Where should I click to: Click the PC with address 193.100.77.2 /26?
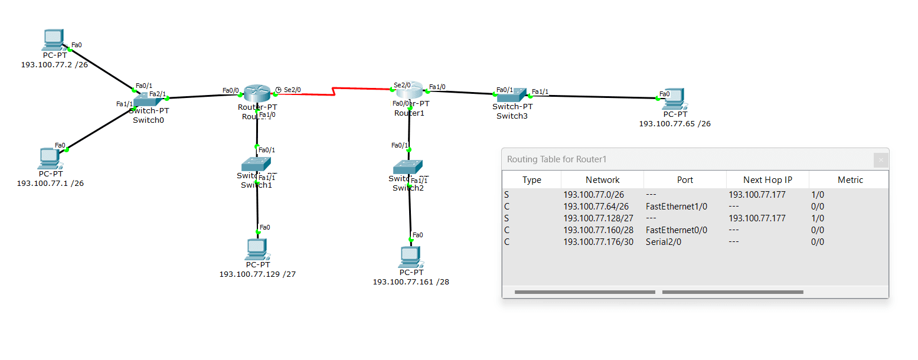point(54,40)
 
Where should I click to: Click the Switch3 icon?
point(511,94)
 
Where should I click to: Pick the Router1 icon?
point(410,90)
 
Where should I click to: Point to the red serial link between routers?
point(334,90)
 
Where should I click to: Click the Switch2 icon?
point(408,167)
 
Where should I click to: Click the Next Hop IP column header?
point(767,180)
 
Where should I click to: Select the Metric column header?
point(850,180)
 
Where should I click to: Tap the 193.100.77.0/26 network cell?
point(593,195)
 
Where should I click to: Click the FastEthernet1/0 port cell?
point(677,207)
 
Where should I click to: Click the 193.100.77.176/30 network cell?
point(598,241)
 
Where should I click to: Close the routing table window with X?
point(881,159)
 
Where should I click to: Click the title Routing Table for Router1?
point(557,159)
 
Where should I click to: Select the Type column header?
point(531,180)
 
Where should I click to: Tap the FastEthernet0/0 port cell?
point(677,230)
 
